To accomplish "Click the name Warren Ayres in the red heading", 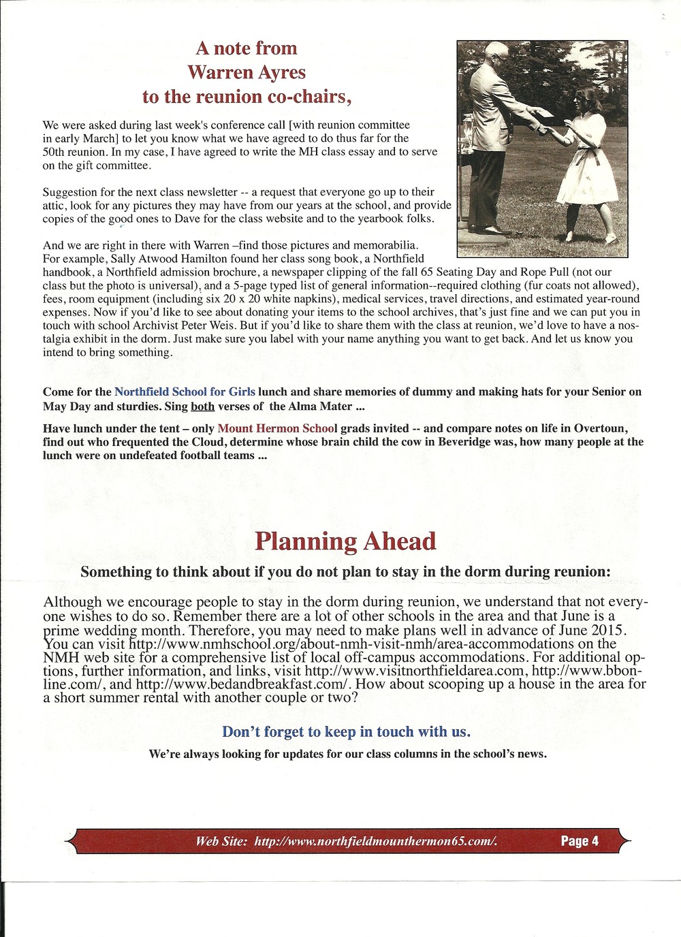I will [x=247, y=72].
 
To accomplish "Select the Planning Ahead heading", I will [x=345, y=541].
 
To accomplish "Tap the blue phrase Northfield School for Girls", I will [x=185, y=392].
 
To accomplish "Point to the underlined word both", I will [x=202, y=407].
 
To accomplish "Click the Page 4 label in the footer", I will [x=580, y=841].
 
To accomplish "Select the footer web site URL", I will [x=376, y=842].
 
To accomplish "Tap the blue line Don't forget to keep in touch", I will [x=346, y=732].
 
